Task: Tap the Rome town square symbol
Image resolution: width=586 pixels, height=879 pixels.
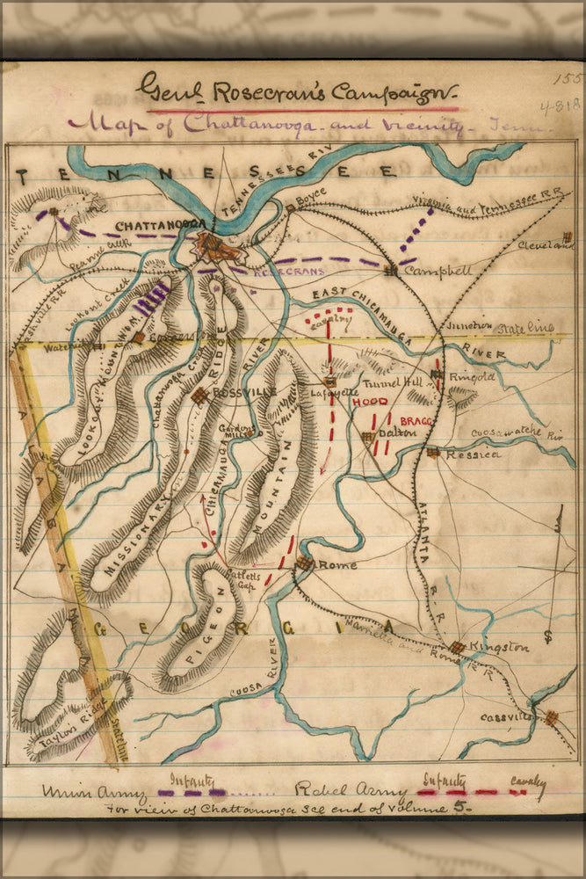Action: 305,563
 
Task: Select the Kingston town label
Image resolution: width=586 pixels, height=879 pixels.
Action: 500,648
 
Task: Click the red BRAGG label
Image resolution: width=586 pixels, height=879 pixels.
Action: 416,423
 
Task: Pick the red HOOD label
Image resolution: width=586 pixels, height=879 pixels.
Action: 369,402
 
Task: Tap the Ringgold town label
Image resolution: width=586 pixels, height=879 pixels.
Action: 472,377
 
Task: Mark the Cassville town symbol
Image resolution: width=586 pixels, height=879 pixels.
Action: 551,717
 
